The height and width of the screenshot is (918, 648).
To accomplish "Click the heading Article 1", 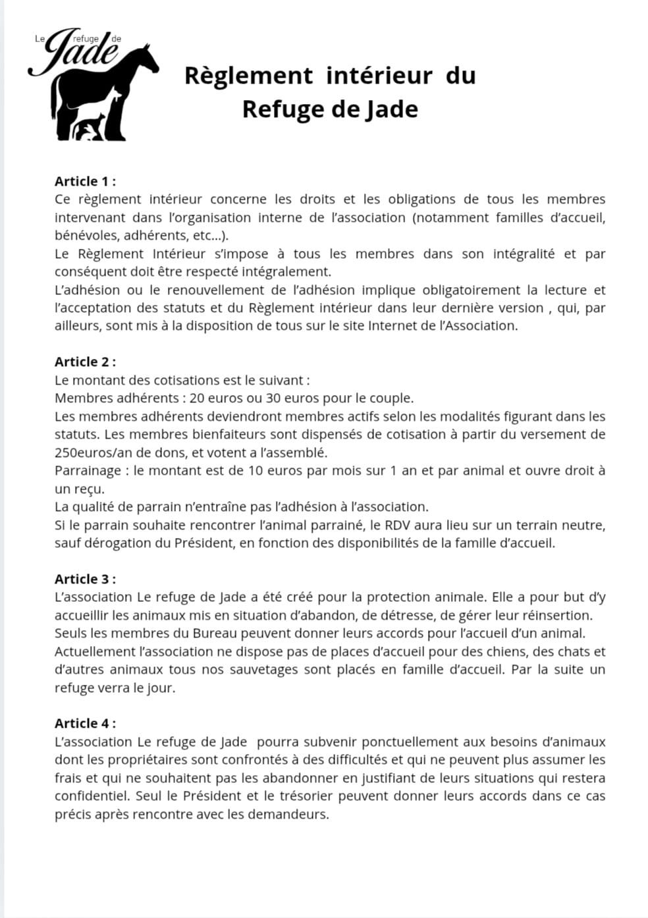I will tap(85, 181).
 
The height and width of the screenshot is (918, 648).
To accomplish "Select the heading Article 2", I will tap(85, 362).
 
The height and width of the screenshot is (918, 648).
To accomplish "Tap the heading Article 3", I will tap(85, 579).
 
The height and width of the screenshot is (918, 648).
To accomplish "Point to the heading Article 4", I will tap(85, 723).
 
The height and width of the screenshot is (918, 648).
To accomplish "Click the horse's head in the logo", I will tap(146, 60).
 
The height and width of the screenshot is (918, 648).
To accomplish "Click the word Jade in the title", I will tap(391, 109).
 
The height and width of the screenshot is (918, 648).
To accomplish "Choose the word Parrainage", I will tap(88, 470).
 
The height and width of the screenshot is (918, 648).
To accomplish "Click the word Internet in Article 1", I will tap(394, 325).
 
